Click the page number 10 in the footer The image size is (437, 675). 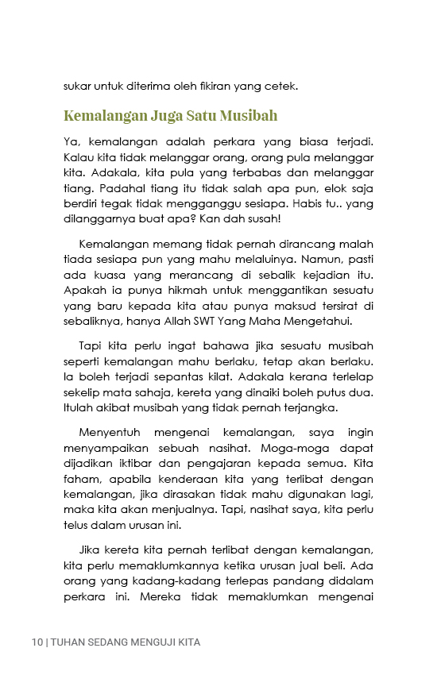[x=37, y=641]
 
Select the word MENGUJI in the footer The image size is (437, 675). [x=152, y=641]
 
